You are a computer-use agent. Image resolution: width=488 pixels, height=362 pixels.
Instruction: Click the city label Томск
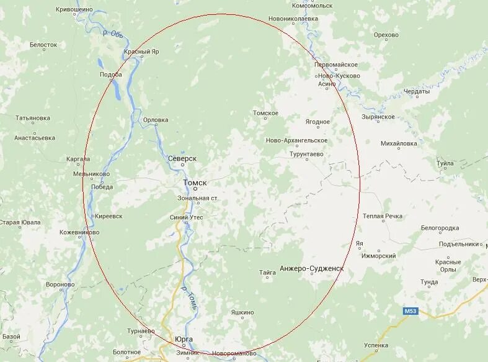click(x=195, y=183)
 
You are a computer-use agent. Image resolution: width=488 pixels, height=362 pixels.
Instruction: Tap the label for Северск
click(x=182, y=159)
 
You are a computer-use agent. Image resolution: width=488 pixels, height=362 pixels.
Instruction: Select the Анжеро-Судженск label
click(x=311, y=269)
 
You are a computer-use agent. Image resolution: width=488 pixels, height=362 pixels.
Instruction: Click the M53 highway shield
click(x=410, y=310)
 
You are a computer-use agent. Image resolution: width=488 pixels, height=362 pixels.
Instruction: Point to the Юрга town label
click(x=184, y=339)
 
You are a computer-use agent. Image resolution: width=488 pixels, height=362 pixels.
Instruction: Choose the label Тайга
click(x=267, y=272)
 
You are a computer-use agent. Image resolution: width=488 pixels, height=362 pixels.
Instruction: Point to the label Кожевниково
click(x=79, y=232)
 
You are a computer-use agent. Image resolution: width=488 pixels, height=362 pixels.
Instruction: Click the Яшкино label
click(x=242, y=312)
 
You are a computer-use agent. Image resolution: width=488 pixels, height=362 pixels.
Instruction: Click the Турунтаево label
click(x=306, y=154)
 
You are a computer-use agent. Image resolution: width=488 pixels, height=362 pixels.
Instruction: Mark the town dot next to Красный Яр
click(x=141, y=57)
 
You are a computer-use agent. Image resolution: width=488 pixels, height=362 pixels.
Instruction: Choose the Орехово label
click(x=386, y=35)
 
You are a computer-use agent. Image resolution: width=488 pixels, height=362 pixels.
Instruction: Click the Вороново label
click(x=60, y=284)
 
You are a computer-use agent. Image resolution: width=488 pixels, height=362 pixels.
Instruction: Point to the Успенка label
click(x=376, y=345)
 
